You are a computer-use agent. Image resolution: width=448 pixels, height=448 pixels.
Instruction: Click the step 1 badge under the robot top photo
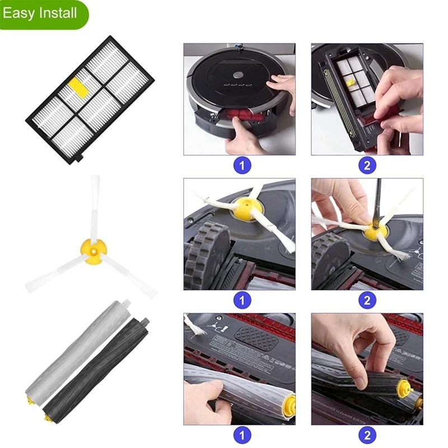(242, 165)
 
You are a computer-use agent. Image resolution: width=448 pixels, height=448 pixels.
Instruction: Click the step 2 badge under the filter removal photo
(367, 165)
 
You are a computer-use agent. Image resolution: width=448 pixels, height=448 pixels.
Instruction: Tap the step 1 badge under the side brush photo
(242, 300)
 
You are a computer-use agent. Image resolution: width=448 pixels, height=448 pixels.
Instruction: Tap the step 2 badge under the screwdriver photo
(367, 300)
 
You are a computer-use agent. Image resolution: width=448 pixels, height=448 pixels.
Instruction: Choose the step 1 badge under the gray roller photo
(242, 435)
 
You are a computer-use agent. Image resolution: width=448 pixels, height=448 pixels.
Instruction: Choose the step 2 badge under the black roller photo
(367, 435)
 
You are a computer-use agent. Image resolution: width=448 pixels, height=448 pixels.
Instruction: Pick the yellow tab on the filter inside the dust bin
(351, 83)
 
